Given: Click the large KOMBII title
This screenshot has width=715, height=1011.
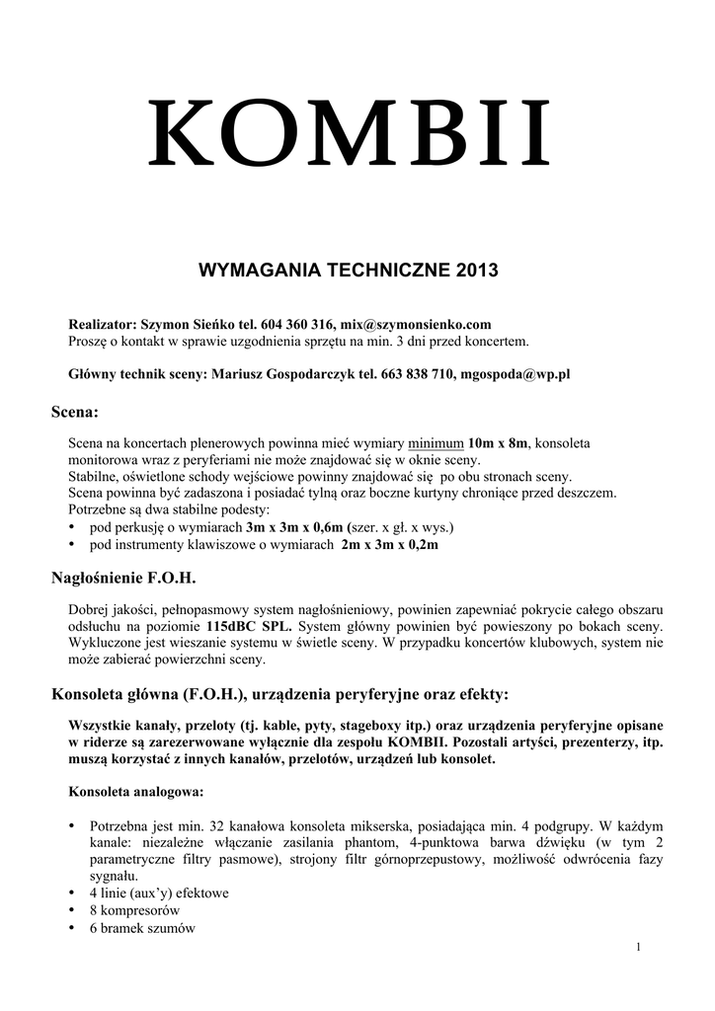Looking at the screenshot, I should (x=349, y=134).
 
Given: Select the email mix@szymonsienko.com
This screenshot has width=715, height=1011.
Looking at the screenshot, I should (x=415, y=324).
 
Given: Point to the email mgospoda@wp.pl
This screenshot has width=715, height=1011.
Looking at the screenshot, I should (x=515, y=375).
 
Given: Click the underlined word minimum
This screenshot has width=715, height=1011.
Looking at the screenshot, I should (x=436, y=443).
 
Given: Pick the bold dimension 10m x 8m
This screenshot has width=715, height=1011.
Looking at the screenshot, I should (x=499, y=443).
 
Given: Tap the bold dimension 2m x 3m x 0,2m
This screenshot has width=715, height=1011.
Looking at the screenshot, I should (x=390, y=544).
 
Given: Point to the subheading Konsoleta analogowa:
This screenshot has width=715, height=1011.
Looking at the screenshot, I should (x=135, y=791).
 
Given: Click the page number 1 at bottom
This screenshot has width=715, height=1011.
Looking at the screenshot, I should (x=640, y=948).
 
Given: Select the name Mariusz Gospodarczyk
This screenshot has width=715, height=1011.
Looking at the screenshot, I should (x=281, y=375).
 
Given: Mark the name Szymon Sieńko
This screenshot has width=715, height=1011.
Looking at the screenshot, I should (x=186, y=324).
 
